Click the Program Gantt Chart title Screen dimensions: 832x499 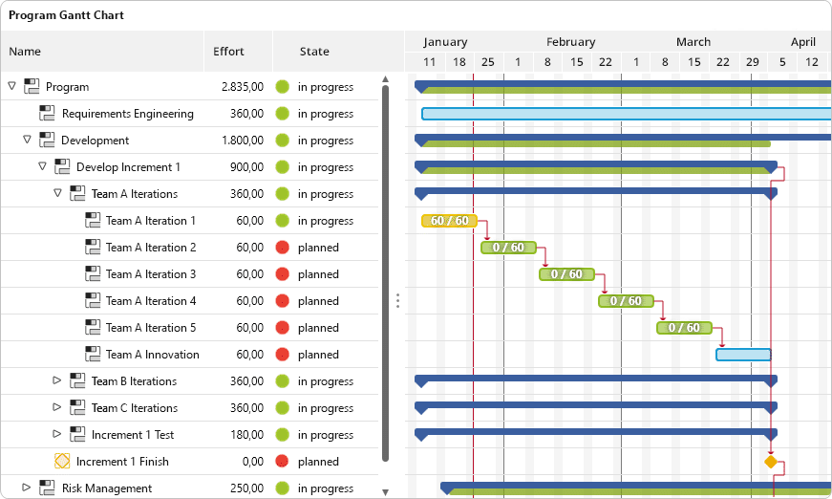coord(66,15)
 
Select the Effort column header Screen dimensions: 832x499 coord(228,52)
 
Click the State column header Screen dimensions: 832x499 coord(314,52)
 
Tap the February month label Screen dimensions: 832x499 coord(571,42)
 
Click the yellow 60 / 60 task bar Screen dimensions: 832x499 coord(449,221)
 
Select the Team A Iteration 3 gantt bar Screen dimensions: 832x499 coord(566,274)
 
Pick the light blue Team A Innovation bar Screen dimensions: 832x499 coord(743,355)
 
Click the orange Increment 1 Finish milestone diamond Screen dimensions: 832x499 coord(771,462)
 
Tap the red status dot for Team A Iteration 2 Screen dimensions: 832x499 coord(283,248)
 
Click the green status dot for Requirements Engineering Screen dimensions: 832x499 coord(283,114)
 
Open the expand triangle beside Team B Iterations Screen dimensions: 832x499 coord(56,380)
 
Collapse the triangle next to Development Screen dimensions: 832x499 coord(27,140)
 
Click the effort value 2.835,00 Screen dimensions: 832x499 coord(243,87)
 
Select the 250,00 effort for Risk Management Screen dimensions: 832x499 coord(246,488)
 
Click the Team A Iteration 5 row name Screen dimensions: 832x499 coord(151,328)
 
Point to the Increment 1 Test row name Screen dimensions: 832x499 coord(133,435)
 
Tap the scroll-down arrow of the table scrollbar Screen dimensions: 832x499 coord(386,492)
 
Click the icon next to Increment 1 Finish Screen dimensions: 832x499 coord(62,462)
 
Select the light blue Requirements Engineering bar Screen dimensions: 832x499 coord(626,114)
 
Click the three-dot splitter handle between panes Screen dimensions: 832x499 coord(397,301)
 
